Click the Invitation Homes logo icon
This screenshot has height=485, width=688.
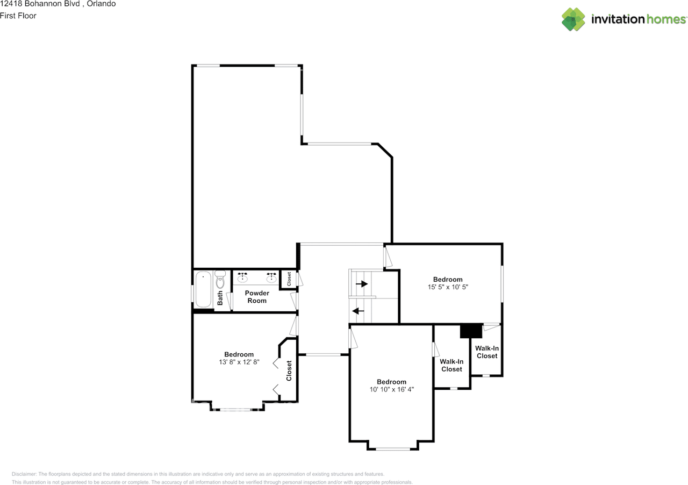(x=574, y=19)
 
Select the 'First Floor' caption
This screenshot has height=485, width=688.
(x=18, y=16)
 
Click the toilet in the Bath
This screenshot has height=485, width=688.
(x=220, y=281)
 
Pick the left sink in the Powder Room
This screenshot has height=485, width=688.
(x=243, y=278)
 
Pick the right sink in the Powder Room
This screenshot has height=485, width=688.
(x=271, y=278)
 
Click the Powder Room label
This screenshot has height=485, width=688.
(x=257, y=297)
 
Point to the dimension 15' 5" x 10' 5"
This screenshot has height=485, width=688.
(x=448, y=287)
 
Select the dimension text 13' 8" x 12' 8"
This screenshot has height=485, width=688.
(x=239, y=362)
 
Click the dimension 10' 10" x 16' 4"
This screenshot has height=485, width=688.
(x=391, y=389)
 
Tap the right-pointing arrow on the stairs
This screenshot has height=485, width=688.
(x=362, y=284)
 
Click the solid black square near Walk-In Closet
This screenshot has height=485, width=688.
(x=471, y=331)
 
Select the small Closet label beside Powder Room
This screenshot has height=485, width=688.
(x=289, y=279)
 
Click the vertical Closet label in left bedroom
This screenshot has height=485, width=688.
(x=289, y=370)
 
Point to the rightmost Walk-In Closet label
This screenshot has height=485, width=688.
(x=487, y=352)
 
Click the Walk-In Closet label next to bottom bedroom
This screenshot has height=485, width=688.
(x=451, y=366)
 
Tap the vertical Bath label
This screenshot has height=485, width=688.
(x=220, y=298)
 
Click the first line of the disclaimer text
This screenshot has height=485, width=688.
(x=198, y=474)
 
